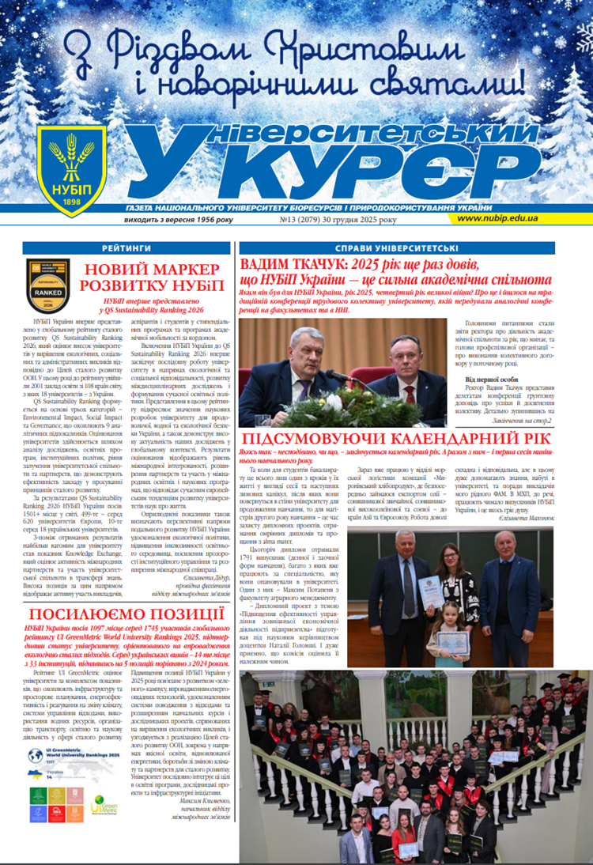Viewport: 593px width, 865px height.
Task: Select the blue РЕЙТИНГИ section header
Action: point(127,248)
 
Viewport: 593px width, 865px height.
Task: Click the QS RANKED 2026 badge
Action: point(47,285)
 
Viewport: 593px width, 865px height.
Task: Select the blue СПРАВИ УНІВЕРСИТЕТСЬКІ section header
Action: point(402,248)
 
